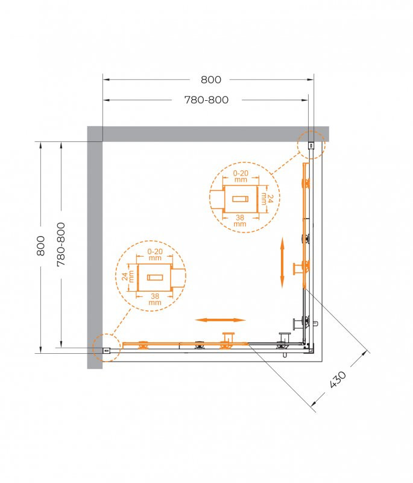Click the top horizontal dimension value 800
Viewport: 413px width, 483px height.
pos(211,79)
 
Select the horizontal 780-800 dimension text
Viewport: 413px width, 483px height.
pos(206,100)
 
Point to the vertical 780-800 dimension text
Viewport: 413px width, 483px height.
pos(60,246)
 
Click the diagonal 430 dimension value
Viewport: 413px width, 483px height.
pos(338,379)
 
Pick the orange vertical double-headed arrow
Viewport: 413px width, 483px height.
pos(282,263)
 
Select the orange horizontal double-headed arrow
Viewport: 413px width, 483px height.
pos(220,319)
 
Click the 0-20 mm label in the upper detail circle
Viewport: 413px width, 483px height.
pos(241,176)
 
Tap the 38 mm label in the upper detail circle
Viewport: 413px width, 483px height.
pos(240,221)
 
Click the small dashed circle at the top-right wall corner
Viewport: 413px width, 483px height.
pos(311,145)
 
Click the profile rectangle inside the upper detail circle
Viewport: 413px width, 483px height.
pos(241,199)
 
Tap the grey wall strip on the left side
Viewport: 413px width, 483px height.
pos(95,254)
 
